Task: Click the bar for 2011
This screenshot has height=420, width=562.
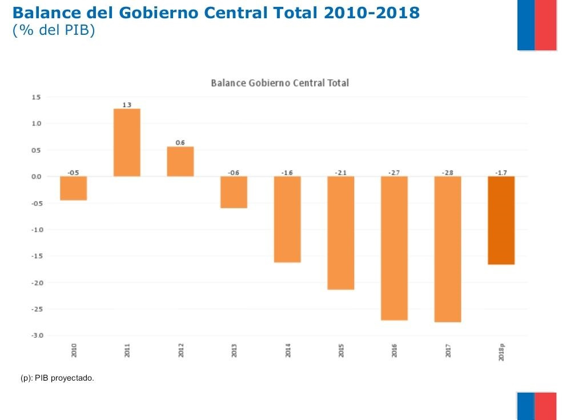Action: tap(127, 142)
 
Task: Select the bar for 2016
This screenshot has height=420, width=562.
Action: tap(394, 248)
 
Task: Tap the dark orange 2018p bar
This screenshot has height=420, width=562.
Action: tap(501, 220)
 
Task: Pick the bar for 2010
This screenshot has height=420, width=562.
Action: tap(74, 188)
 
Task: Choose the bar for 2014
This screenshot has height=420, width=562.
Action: tap(287, 219)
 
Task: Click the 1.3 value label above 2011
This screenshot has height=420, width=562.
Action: tap(127, 105)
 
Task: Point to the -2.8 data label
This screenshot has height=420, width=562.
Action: tap(447, 172)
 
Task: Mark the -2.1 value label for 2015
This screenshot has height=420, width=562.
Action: tap(340, 172)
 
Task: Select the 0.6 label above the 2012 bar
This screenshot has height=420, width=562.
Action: tap(180, 143)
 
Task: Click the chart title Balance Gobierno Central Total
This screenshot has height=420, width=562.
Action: tap(280, 83)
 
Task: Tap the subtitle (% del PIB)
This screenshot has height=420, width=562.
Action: tap(53, 30)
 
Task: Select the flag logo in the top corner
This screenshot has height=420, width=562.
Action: tap(537, 25)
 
